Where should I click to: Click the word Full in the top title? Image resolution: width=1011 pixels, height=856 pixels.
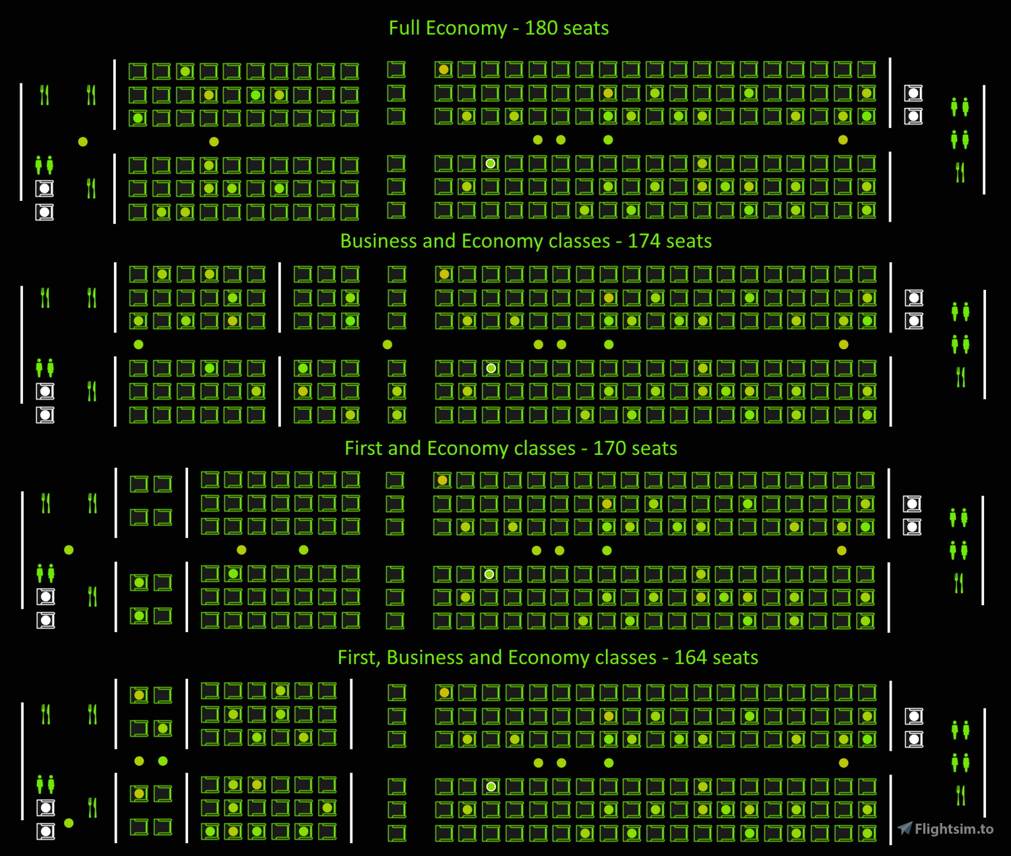point(404,28)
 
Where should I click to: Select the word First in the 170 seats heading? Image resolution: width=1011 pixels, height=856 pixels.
point(364,449)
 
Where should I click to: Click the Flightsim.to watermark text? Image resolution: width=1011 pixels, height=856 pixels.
point(954,829)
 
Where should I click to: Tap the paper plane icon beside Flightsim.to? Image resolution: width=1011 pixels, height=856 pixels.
point(905,828)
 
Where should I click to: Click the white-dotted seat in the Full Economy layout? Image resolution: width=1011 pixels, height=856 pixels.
point(491,164)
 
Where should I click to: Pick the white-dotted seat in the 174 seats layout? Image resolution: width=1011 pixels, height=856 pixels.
point(491,368)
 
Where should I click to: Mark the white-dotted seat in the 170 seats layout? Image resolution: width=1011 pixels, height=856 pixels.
point(489,574)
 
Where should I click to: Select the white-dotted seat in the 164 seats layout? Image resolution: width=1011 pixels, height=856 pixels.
point(491,787)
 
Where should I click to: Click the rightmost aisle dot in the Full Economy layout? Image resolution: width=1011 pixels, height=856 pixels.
point(843,140)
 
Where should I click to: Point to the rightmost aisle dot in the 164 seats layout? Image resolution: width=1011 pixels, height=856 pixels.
point(843,763)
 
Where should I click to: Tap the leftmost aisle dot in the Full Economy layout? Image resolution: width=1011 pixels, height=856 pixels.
point(83,142)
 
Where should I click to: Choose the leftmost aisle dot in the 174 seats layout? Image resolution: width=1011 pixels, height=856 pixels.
point(139,344)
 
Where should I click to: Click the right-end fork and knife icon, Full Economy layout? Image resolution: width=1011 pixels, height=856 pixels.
point(960,173)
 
